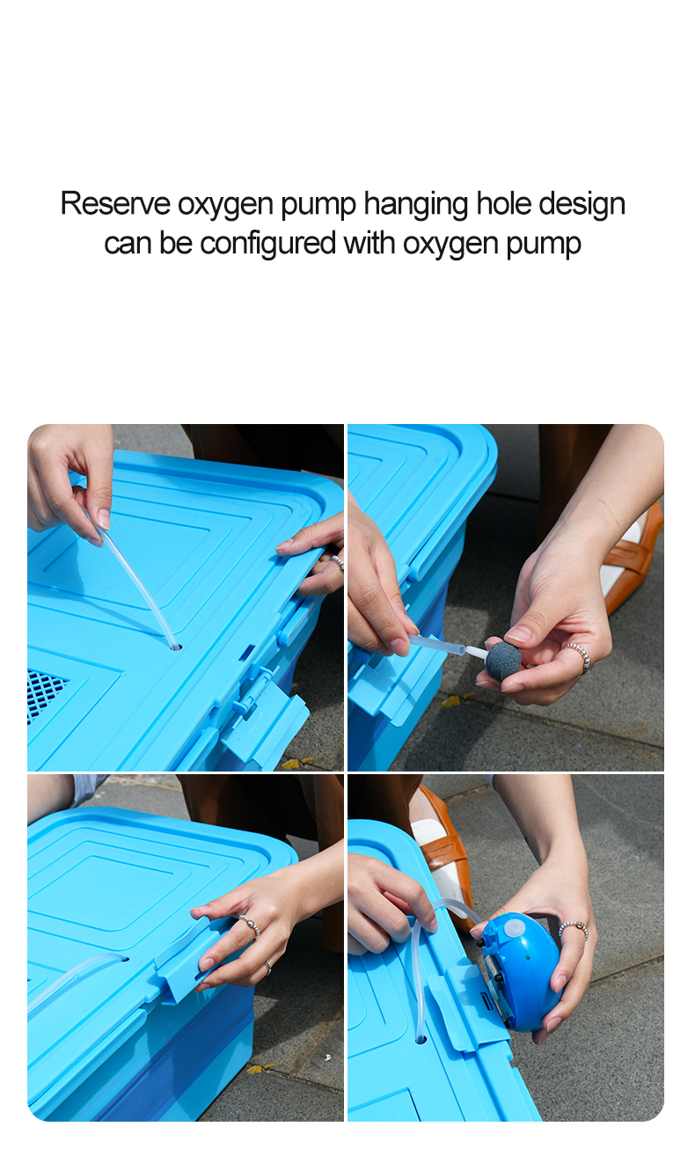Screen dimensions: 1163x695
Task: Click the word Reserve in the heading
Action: point(114,204)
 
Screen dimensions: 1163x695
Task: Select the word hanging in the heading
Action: point(415,204)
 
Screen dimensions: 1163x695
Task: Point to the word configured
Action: point(268,243)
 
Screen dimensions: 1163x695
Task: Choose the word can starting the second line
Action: point(128,243)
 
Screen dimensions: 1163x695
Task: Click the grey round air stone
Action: point(503,661)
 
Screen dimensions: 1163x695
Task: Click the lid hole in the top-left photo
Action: point(174,647)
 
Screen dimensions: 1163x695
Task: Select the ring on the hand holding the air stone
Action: point(576,656)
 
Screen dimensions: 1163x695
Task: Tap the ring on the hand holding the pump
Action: point(573,928)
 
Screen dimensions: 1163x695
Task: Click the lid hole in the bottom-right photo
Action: point(421,1039)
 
